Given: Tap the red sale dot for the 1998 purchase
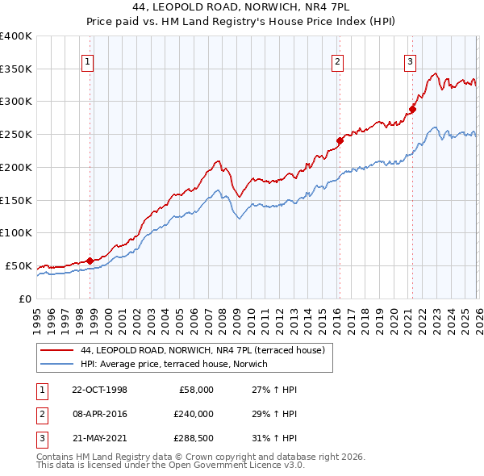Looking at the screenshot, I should tap(90, 260).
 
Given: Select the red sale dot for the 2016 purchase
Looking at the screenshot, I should tap(340, 140).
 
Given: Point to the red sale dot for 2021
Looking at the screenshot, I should tap(412, 109).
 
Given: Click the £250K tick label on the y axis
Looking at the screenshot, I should tap(16, 134).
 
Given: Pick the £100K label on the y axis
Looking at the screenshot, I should tap(16, 232).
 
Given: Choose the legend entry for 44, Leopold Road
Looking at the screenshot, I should tap(202, 350).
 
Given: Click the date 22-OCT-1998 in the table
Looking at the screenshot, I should tap(99, 390).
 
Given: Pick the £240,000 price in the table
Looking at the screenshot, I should tap(194, 413).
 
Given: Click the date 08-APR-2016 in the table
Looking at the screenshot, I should tap(99, 413).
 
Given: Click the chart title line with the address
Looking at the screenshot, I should tap(241, 8).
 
